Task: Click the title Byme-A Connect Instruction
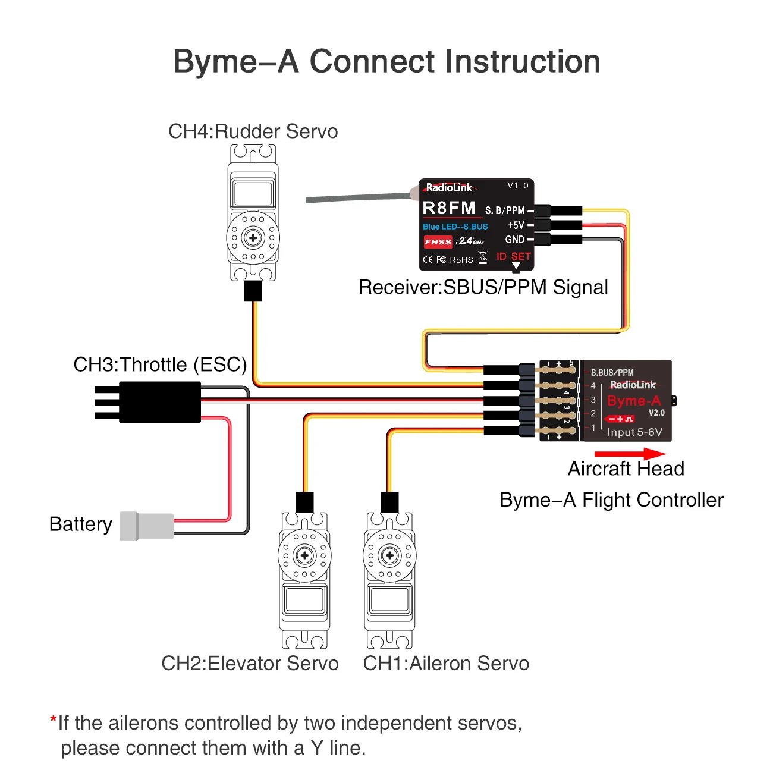point(386,62)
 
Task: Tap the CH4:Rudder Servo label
point(253,131)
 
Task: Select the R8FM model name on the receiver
point(449,208)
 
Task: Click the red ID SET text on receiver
point(514,256)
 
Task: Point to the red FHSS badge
point(438,242)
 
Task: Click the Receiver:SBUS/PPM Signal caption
point(483,287)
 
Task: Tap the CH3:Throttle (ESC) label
point(160,364)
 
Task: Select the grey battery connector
point(147,526)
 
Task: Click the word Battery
point(81,524)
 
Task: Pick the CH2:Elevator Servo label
point(250,664)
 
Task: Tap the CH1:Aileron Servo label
point(446,664)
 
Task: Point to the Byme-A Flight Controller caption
point(611,500)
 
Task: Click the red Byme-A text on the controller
point(634,401)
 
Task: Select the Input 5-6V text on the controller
point(634,432)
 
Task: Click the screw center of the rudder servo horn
point(253,238)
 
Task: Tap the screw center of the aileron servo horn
point(389,555)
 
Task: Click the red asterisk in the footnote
point(53,720)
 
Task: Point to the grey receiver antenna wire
point(357,198)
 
